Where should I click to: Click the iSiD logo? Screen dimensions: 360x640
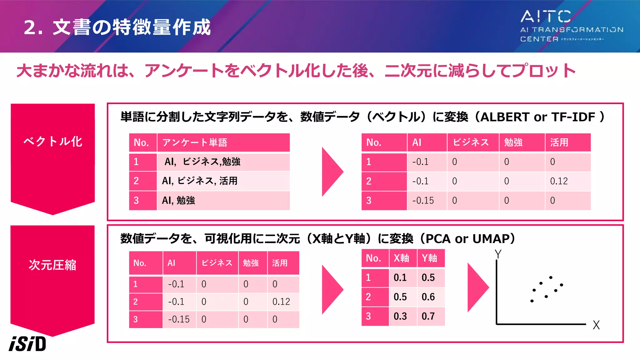27,344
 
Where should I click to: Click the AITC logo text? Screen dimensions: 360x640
546,16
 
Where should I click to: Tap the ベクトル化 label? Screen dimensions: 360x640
53,142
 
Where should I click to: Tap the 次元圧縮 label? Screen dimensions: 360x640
52,265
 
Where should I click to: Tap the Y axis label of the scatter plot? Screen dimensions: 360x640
498,254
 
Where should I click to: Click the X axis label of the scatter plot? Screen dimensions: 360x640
596,325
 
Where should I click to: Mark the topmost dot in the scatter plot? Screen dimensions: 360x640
551,277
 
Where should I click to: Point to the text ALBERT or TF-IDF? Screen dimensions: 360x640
537,117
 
